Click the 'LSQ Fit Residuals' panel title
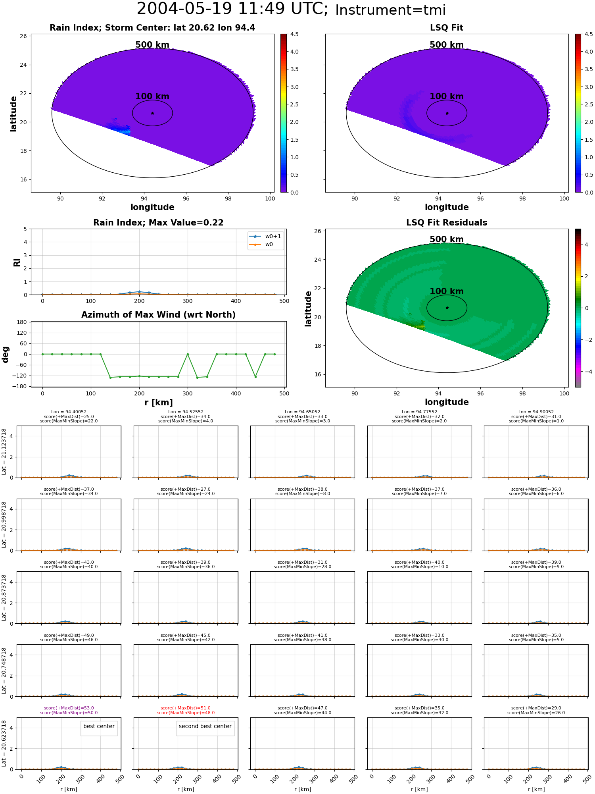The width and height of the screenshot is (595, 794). pos(447,223)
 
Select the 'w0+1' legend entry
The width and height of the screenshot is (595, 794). pos(265,237)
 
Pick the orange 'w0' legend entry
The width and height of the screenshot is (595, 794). pos(261,245)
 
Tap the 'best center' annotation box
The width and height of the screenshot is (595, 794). pos(99,727)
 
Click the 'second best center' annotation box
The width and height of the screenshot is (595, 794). pos(205,727)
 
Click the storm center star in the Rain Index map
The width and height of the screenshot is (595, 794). pos(153,113)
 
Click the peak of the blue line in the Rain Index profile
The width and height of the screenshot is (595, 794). pos(139,292)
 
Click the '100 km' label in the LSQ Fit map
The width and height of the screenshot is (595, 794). pos(447,96)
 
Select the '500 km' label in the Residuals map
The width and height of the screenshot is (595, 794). pos(447,239)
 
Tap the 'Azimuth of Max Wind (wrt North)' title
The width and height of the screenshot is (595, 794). pos(159,315)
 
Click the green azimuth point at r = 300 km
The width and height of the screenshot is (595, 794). pos(188,354)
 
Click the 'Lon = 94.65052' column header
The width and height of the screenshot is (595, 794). pos(303,412)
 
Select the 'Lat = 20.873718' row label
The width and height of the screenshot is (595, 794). pos(4,597)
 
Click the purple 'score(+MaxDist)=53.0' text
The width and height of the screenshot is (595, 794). pos(69,708)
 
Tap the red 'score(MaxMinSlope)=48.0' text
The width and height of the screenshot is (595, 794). pos(186,713)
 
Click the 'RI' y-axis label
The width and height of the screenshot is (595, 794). pos(17,262)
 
